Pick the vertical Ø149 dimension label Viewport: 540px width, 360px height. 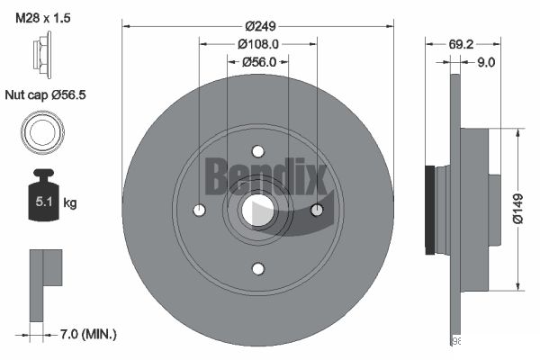click(x=517, y=210)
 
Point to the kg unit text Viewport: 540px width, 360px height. click(x=70, y=203)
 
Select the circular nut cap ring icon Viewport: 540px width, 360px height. click(x=40, y=132)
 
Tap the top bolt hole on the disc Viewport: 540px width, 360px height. click(x=257, y=151)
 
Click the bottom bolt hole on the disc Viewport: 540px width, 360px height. click(x=257, y=268)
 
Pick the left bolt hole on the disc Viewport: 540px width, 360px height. click(x=200, y=210)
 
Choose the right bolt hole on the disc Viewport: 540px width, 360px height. click(x=316, y=210)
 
